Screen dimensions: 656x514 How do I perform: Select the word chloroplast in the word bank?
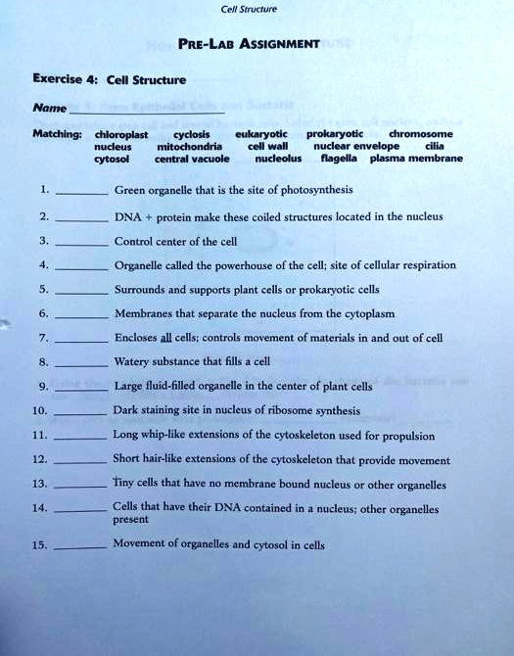tap(121, 134)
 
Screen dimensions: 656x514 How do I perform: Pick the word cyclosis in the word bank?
tap(191, 134)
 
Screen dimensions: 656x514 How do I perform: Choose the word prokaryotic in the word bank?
tap(334, 133)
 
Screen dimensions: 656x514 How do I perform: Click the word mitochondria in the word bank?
tap(193, 146)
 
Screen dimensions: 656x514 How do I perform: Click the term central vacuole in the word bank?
tap(192, 158)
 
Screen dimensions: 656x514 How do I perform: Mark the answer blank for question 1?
tap(82, 194)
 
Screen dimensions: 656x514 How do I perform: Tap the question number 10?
tap(39, 412)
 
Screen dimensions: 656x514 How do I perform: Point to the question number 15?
tap(39, 546)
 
